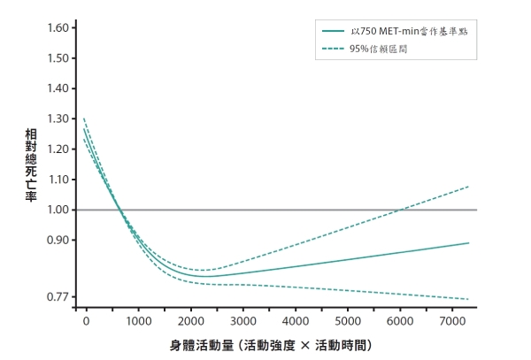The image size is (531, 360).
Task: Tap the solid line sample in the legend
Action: tap(333, 32)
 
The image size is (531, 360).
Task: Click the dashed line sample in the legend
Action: tap(333, 50)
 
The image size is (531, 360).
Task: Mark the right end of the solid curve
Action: tap(468, 242)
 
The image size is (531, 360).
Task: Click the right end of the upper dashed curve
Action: tap(468, 187)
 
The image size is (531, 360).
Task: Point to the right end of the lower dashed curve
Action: tap(468, 299)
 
